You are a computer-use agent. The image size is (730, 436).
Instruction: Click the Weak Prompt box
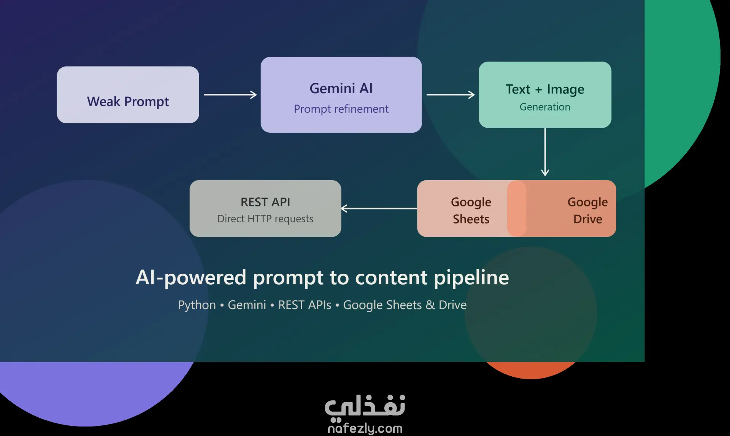[x=128, y=95]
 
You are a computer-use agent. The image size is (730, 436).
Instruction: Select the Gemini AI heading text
[x=341, y=88]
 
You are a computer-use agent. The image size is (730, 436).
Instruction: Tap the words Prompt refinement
[x=341, y=109]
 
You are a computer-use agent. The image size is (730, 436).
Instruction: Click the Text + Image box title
[x=545, y=89]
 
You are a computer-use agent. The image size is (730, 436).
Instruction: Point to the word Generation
[x=545, y=107]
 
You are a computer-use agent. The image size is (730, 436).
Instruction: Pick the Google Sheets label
[x=471, y=210]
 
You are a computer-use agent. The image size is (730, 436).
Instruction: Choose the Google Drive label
[x=588, y=210]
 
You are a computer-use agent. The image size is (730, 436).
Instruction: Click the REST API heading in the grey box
[x=265, y=202]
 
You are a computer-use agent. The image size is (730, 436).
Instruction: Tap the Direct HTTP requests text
[x=265, y=219]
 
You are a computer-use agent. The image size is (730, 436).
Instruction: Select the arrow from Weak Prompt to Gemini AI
[x=230, y=95]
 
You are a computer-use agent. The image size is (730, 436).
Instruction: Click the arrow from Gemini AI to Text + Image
[x=451, y=95]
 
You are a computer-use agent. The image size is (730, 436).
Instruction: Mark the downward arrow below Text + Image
[x=545, y=152]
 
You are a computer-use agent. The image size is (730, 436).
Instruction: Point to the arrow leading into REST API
[x=379, y=208]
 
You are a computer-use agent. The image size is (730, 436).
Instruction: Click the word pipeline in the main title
[x=471, y=277]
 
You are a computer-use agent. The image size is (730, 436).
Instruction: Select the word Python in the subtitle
[x=197, y=305]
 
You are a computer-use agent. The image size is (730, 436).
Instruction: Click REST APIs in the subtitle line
[x=305, y=305]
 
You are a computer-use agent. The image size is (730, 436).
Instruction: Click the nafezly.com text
[x=365, y=429]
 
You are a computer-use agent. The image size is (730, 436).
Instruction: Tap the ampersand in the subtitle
[x=430, y=305]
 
